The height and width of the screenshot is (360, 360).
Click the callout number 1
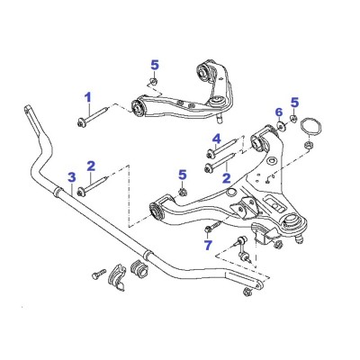tap(88, 97)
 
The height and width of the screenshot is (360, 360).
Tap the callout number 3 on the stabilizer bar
tap(71, 177)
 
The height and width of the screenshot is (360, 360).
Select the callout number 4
tap(217, 139)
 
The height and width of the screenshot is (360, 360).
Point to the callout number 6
tap(279, 112)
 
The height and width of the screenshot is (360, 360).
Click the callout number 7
tap(208, 245)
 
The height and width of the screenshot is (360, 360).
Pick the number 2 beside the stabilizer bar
tap(91, 166)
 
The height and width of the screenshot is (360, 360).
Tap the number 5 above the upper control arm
tap(155, 65)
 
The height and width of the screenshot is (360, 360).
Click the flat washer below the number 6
tap(282, 126)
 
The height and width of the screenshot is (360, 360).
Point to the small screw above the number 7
tap(214, 226)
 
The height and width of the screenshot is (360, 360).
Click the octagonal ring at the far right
tap(311, 127)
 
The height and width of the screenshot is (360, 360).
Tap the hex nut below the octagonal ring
tap(307, 146)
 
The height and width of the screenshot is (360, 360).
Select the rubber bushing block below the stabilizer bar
tap(139, 267)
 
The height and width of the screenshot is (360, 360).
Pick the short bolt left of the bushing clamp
tap(99, 274)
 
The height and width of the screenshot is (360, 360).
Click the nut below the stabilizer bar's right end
tap(247, 291)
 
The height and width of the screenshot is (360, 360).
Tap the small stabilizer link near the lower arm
tap(242, 248)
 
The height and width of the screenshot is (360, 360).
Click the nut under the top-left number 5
tap(153, 81)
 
